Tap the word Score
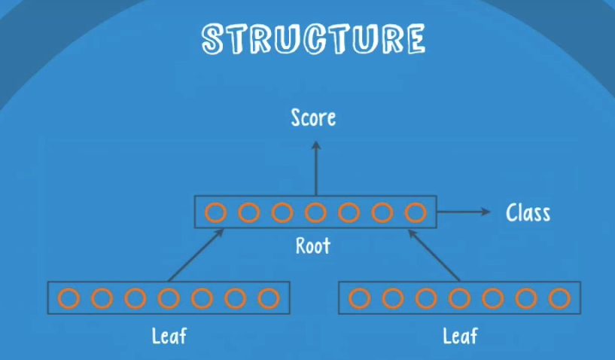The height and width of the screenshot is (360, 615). click(313, 118)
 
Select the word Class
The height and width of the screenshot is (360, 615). click(528, 213)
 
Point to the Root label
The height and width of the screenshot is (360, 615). click(313, 246)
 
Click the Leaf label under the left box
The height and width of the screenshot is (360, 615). click(169, 335)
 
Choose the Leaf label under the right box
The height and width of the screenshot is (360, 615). click(459, 335)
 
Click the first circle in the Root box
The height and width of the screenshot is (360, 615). click(215, 212)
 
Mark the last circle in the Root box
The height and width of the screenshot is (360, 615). click(415, 212)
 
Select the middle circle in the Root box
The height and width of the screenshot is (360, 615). click(315, 212)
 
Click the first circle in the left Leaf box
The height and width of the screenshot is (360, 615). click(69, 298)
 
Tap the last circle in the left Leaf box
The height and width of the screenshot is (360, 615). click(268, 298)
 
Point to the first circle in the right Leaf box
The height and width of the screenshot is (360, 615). click(360, 298)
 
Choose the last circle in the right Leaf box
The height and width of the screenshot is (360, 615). click(559, 298)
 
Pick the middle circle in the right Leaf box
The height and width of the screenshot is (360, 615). click(459, 298)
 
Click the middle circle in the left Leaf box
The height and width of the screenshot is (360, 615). click(169, 298)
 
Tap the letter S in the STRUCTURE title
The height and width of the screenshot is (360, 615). click(214, 40)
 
